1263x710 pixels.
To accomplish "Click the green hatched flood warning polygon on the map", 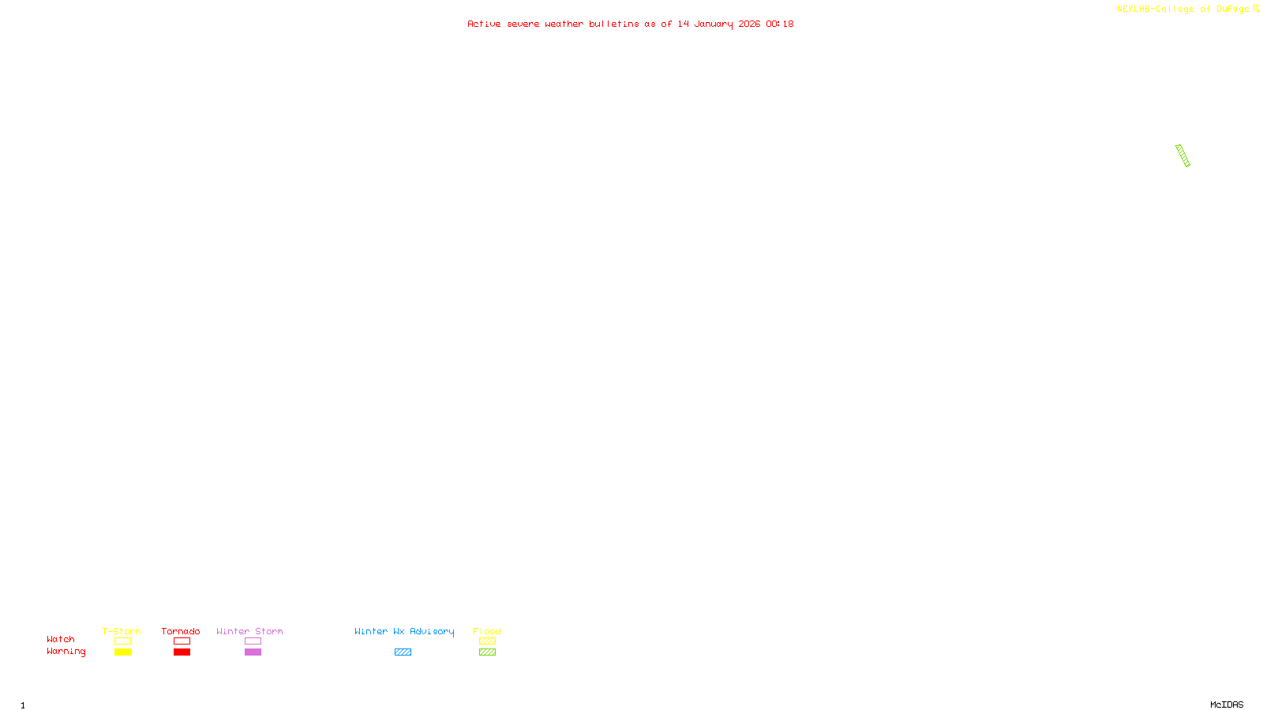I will (1182, 155).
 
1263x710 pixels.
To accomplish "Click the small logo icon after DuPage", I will (1256, 9).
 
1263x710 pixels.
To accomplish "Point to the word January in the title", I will (713, 24).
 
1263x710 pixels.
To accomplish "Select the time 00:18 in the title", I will (779, 24).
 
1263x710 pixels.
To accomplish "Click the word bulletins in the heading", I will (613, 24).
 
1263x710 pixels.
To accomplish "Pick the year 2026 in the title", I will (749, 24).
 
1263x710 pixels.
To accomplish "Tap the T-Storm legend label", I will (122, 631).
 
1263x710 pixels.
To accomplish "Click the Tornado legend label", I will (181, 631).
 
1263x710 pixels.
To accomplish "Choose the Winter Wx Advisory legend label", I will (404, 631).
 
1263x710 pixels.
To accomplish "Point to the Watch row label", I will (61, 639).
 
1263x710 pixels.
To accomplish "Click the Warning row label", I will (66, 652).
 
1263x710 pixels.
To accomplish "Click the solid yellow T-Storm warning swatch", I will (122, 652).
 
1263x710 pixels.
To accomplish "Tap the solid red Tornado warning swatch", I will (182, 652).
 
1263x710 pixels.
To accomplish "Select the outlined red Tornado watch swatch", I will (182, 641).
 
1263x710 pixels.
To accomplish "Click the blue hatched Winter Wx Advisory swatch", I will (403, 652).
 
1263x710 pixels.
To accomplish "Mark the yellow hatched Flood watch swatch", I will (487, 641).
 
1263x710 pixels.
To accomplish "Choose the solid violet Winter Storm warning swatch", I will (253, 652).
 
